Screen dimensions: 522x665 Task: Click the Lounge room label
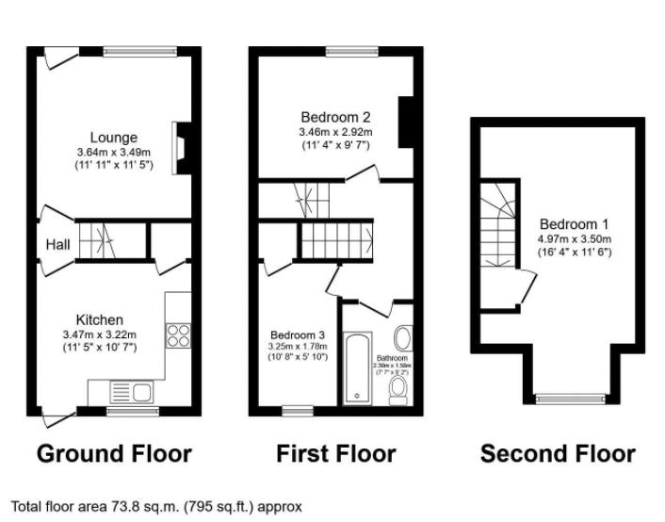point(114,138)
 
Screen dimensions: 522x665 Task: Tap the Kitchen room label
point(100,320)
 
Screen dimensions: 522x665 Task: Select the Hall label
point(57,245)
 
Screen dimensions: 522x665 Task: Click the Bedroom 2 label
point(334,117)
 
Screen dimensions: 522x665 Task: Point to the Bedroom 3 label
point(298,334)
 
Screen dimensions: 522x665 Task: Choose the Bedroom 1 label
point(574,224)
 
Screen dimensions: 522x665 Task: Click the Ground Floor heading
point(114,454)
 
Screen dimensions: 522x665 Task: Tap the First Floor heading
point(335,454)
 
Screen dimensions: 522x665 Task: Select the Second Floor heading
point(558,454)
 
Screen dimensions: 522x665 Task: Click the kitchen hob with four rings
point(177,336)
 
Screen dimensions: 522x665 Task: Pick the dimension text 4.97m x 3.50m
point(574,239)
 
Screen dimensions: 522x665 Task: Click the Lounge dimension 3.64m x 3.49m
point(114,153)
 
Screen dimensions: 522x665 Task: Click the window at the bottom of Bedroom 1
point(567,397)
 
